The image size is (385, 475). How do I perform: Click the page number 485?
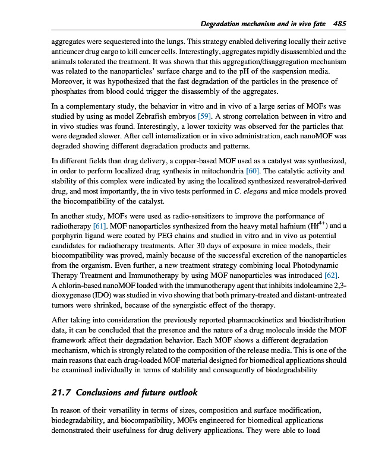340,24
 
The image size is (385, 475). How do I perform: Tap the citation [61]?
100,226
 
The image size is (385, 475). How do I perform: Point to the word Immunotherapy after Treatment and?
156,275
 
